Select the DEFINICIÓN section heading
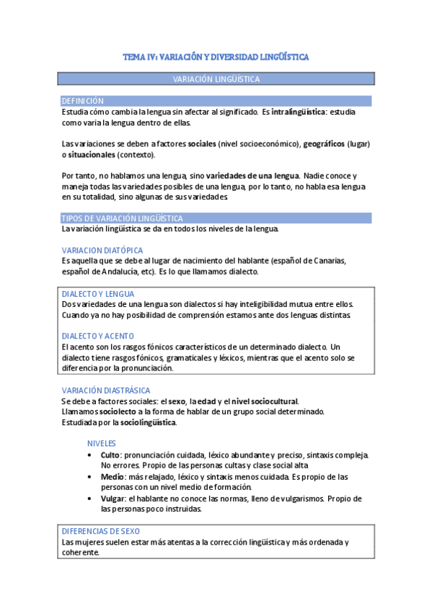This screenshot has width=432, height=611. click(83, 102)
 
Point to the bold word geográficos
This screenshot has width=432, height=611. click(323, 144)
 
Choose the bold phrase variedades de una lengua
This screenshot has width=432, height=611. click(252, 176)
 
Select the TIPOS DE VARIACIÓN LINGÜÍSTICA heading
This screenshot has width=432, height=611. click(122, 218)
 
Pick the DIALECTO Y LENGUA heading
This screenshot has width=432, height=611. click(98, 294)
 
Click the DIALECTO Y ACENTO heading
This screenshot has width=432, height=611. click(98, 336)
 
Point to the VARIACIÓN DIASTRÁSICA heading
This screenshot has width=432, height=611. click(106, 391)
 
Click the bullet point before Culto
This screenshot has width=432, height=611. click(89, 455)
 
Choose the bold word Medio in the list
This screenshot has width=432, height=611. click(112, 477)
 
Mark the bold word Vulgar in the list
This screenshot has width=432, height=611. click(113, 498)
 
